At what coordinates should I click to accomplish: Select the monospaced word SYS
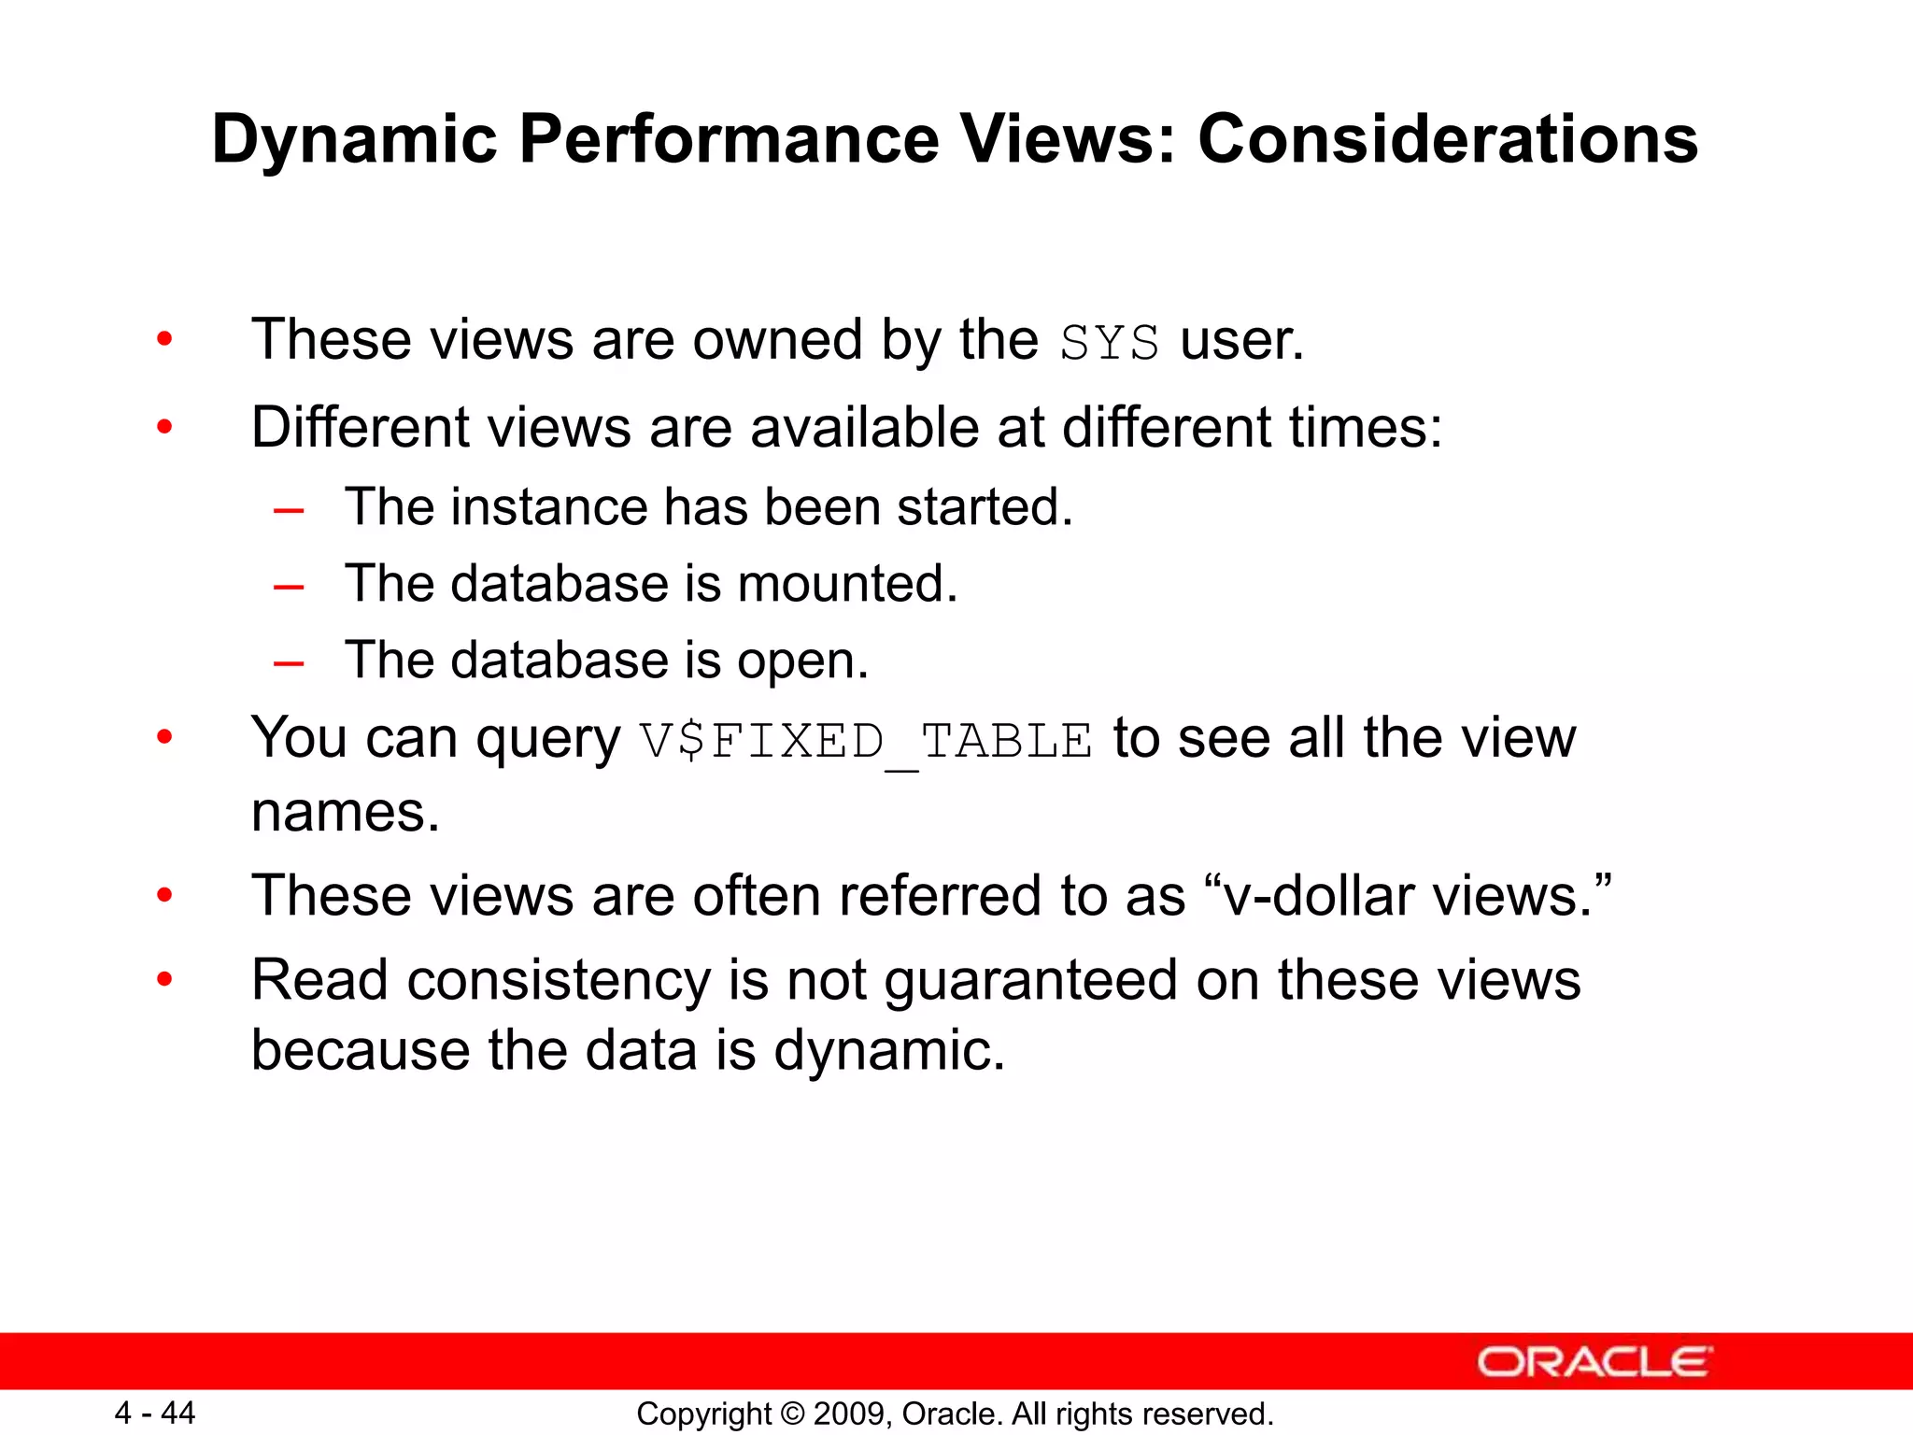1109,342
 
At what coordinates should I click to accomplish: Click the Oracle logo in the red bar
1594,1362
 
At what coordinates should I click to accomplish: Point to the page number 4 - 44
154,1413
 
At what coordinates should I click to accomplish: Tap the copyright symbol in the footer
792,1414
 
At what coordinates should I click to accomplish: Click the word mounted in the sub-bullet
846,585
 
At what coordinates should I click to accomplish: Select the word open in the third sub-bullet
802,662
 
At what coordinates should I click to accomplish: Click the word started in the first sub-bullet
984,508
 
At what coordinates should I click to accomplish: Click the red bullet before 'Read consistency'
165,980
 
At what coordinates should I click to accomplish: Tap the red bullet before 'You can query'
165,738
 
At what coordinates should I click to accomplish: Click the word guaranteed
1030,981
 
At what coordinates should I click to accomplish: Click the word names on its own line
345,812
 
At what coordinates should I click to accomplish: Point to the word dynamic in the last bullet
888,1051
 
